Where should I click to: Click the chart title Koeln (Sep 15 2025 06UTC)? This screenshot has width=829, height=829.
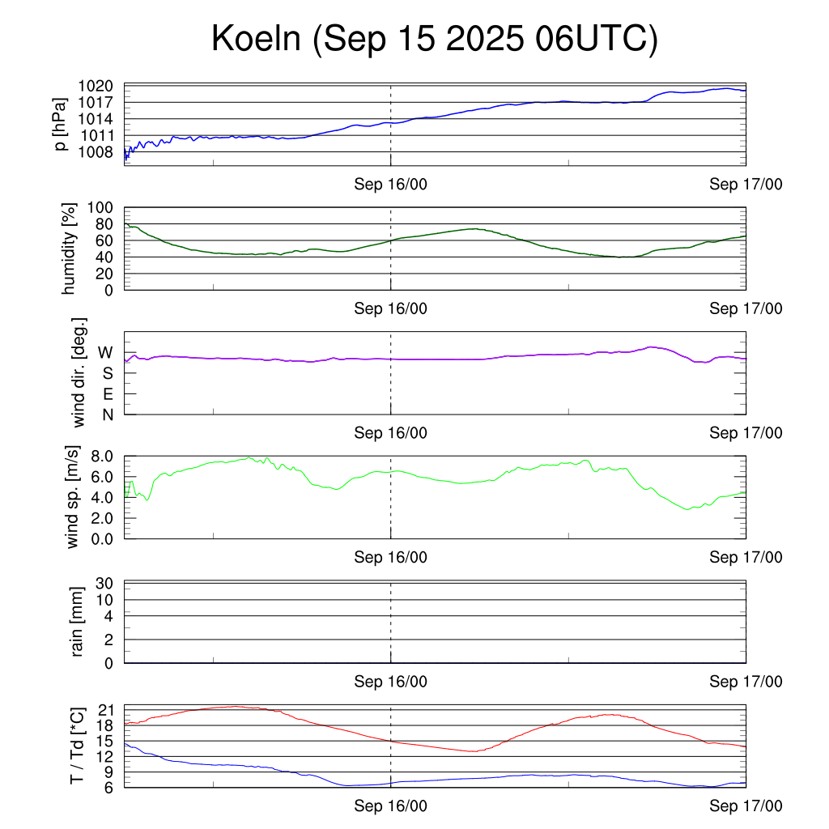pyautogui.click(x=435, y=40)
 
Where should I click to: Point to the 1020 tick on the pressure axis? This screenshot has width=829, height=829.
pyautogui.click(x=101, y=86)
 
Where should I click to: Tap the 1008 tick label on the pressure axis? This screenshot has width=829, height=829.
pyautogui.click(x=101, y=152)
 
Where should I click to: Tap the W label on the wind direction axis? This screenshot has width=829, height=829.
pyautogui.click(x=106, y=353)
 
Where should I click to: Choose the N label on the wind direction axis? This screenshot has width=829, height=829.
pyautogui.click(x=107, y=414)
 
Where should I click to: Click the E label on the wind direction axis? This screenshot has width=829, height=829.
pyautogui.click(x=107, y=394)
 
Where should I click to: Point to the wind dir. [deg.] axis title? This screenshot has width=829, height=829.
pyautogui.click(x=79, y=372)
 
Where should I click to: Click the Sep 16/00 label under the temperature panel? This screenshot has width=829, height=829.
pyautogui.click(x=391, y=806)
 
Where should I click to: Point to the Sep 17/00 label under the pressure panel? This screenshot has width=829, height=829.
pyautogui.click(x=746, y=185)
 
